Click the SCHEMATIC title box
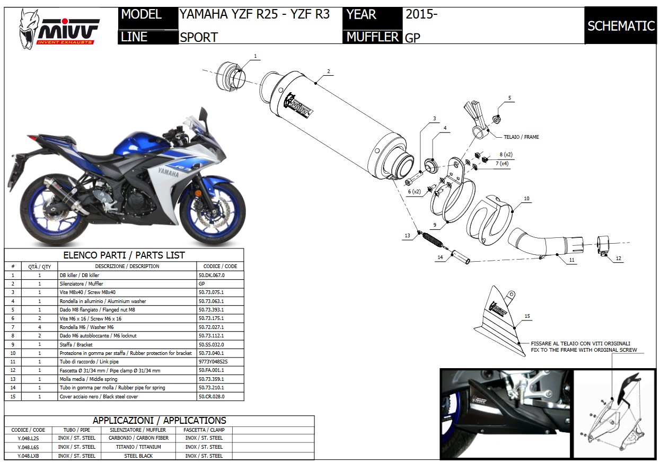pyautogui.click(x=621, y=25)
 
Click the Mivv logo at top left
pyautogui.click(x=58, y=30)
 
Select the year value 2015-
pyautogui.click(x=421, y=14)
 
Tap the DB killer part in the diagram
pyautogui.click(x=233, y=76)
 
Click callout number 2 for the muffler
pyautogui.click(x=328, y=71)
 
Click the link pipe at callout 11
pyautogui.click(x=541, y=243)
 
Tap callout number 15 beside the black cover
pyautogui.click(x=527, y=316)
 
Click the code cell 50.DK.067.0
pyautogui.click(x=212, y=275)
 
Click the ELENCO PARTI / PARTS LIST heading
pyautogui.click(x=124, y=255)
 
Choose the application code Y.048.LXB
pyautogui.click(x=28, y=456)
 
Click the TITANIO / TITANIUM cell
pyautogui.click(x=138, y=447)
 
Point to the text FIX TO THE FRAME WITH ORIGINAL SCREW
pyautogui.click(x=584, y=350)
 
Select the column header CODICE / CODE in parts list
pyautogui.click(x=220, y=266)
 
